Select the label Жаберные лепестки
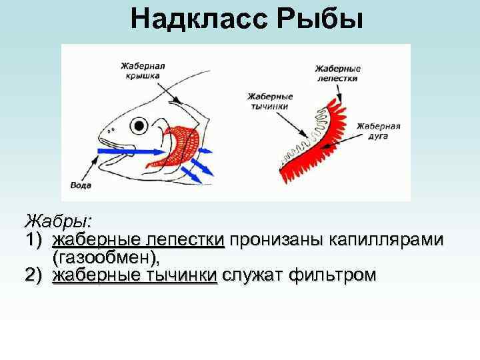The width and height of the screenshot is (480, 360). pyautogui.click(x=337, y=73)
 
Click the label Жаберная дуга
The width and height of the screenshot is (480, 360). pyautogui.click(x=378, y=130)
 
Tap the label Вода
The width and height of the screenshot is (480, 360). pyautogui.click(x=81, y=185)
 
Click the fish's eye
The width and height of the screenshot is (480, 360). pyautogui.click(x=139, y=125)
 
